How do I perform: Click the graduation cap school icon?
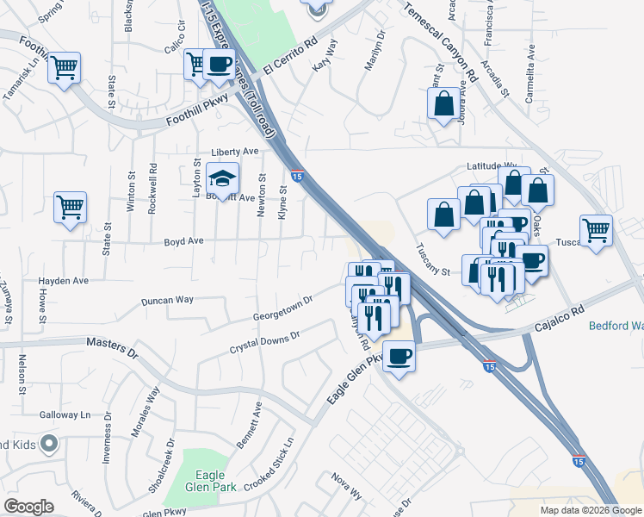pos(223,179)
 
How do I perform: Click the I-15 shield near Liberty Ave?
pos(296,175)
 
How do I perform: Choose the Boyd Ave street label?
pos(184,241)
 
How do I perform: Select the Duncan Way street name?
pos(167,301)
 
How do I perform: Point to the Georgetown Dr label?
pos(281,309)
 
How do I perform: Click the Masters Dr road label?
pos(112,348)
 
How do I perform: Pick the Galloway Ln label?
pos(65,414)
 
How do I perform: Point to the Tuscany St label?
pos(433,260)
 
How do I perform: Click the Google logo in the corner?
pos(28,507)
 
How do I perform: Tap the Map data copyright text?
pos(587,510)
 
